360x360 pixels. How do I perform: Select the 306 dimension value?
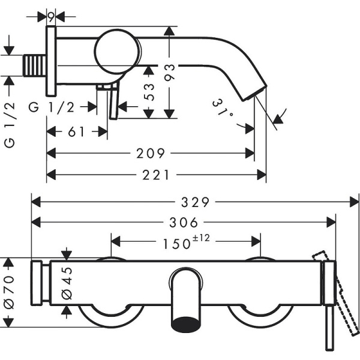(184, 223)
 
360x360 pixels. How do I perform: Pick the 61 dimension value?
(76, 131)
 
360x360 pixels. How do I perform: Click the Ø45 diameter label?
(67, 282)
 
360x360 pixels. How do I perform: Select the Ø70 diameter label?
(8, 293)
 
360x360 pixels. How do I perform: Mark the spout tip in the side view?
(251, 94)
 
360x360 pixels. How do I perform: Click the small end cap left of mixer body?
(40, 282)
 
